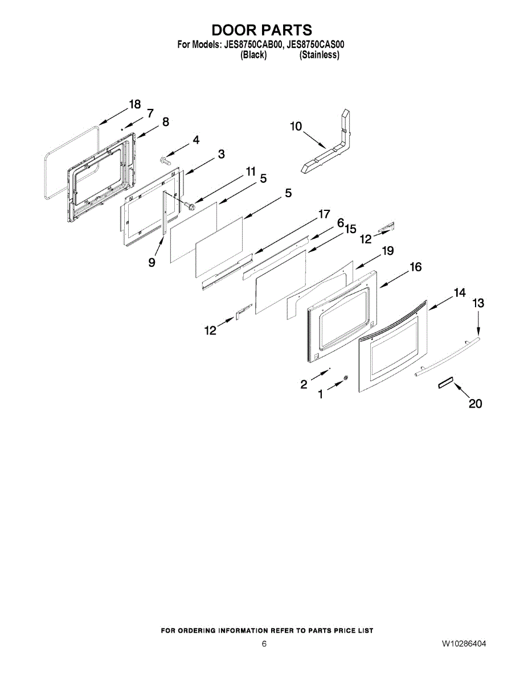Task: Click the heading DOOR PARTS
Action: [x=261, y=30]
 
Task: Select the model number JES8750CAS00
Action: [x=315, y=44]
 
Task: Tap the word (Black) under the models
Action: [x=253, y=55]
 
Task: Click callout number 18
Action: [x=135, y=104]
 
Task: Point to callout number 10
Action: [x=296, y=126]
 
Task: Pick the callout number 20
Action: [x=475, y=404]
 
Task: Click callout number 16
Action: [x=415, y=267]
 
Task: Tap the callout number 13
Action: [x=478, y=303]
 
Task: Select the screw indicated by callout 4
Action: [x=165, y=160]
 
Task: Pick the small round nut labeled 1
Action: [x=346, y=378]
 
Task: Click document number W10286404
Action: [x=464, y=644]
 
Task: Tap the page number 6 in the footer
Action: [x=264, y=644]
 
